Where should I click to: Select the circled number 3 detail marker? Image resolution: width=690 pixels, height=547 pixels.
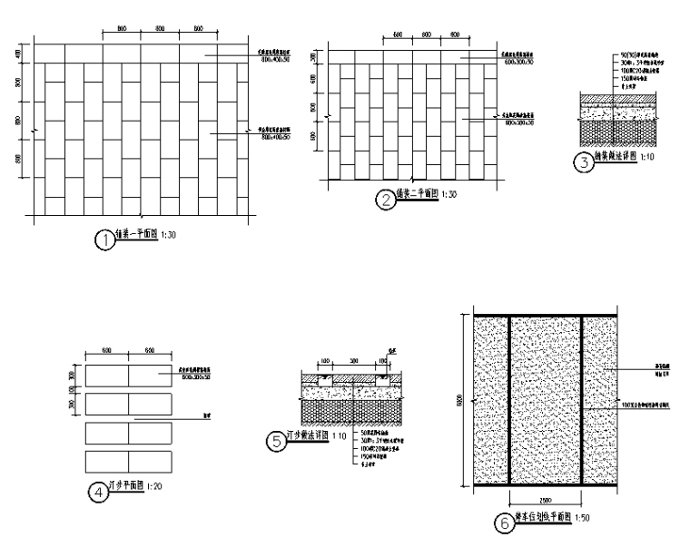point(584,163)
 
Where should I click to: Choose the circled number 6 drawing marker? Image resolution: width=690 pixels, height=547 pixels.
point(502,523)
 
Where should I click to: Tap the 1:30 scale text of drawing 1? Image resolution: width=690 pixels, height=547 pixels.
point(169,235)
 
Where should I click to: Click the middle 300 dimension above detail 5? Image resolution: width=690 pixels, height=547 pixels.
point(353,360)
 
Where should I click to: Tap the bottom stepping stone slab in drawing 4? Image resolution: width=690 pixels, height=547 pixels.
point(128,459)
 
